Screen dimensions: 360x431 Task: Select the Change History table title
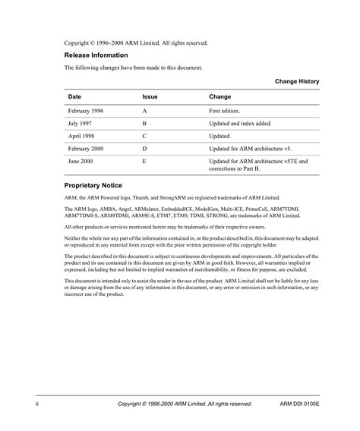[x=297, y=81]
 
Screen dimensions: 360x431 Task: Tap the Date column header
[x=74, y=97]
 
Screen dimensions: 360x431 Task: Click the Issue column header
[x=150, y=97]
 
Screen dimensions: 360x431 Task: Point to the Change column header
[x=220, y=97]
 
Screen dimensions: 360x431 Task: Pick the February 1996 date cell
[x=86, y=111]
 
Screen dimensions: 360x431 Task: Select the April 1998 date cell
[x=81, y=136]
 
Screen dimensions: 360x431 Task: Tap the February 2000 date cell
[x=86, y=148]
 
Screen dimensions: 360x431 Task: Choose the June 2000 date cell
[x=81, y=161]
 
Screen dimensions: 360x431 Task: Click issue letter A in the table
[x=145, y=111]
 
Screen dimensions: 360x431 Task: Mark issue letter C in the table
[x=145, y=136]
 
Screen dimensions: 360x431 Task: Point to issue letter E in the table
[x=144, y=161]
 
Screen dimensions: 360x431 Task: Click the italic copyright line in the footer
[x=185, y=404]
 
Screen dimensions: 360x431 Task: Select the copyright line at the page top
[x=136, y=42]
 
